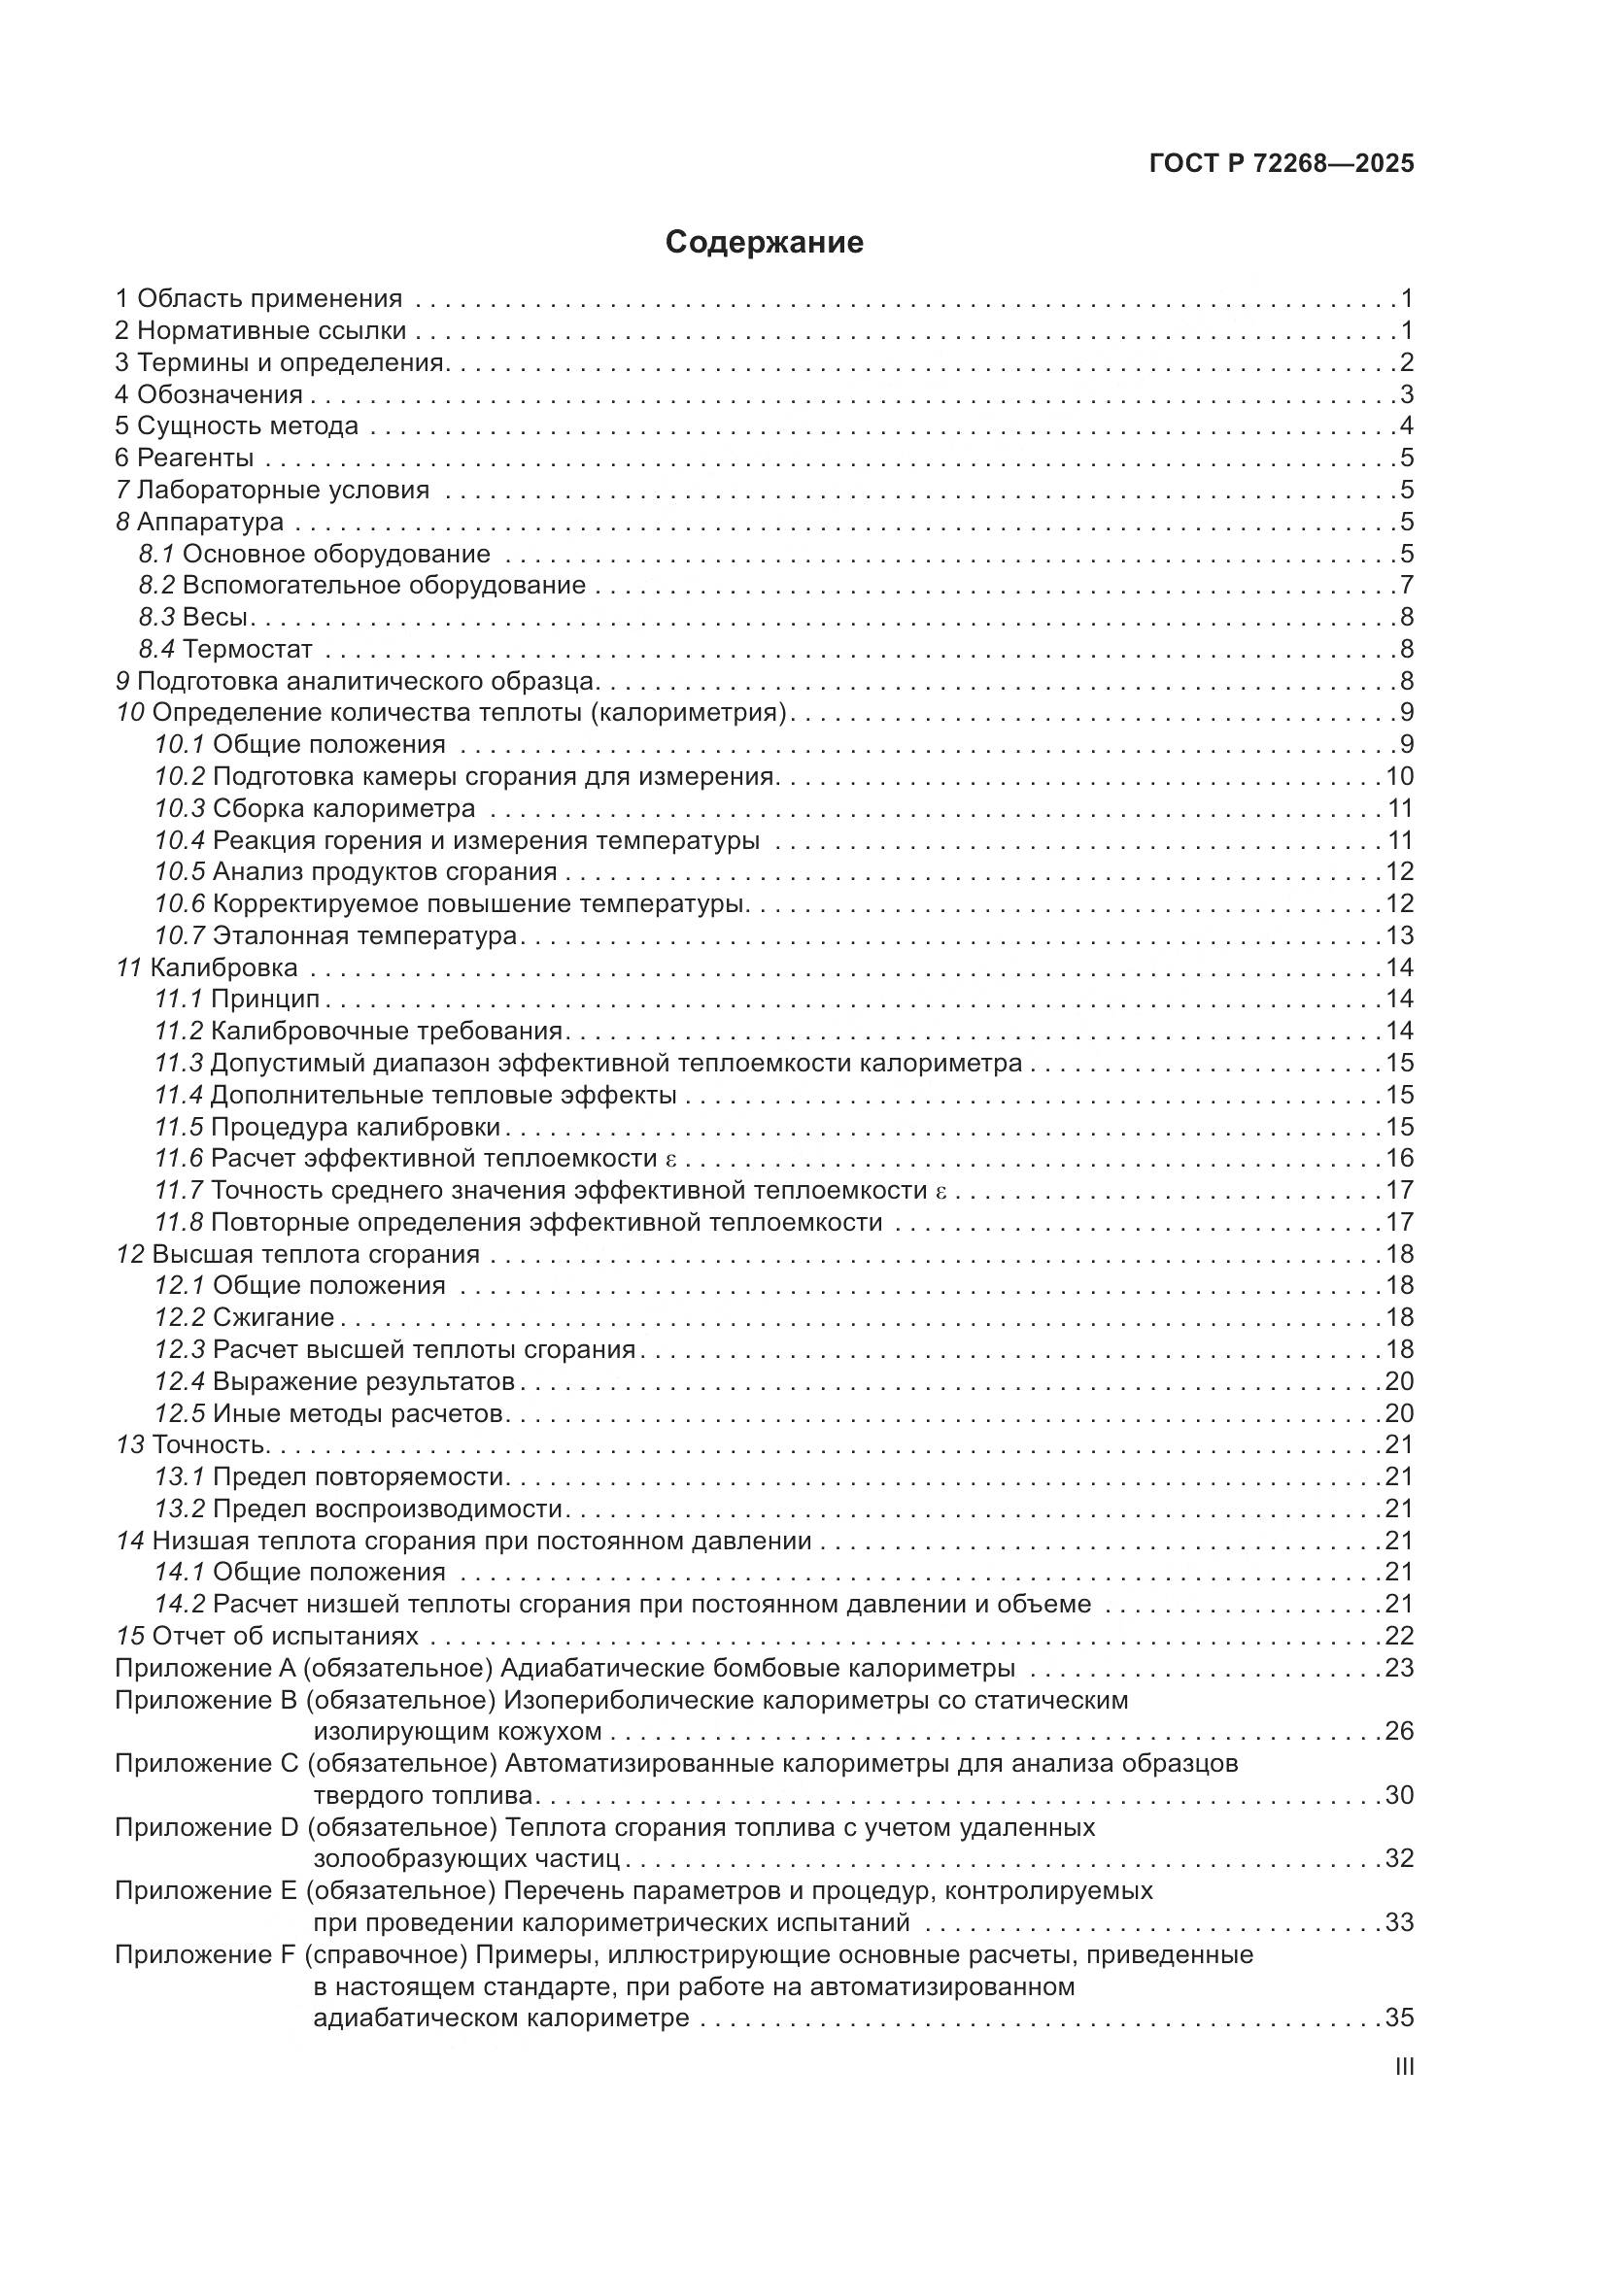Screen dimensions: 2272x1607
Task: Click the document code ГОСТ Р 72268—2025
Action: coord(1282,163)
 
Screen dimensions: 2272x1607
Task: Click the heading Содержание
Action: coord(764,243)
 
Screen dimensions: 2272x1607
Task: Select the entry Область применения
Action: coord(269,298)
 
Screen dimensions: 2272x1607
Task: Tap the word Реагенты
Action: coord(195,458)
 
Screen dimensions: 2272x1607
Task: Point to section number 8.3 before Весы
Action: coord(156,618)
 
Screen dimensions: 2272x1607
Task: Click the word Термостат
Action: coord(248,649)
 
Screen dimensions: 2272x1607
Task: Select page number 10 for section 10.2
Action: coord(1399,777)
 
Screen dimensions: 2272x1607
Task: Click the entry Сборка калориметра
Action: coord(343,808)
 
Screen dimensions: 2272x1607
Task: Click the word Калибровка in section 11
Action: coord(223,966)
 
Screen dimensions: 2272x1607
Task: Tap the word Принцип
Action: coord(265,999)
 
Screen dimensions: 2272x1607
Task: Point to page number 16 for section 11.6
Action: coord(1399,1158)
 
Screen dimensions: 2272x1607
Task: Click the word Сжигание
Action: coord(273,1317)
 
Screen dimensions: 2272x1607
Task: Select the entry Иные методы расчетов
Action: coord(359,1413)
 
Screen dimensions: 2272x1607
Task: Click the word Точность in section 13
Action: coord(209,1444)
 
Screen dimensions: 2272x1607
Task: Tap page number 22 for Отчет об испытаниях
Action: coord(1399,1636)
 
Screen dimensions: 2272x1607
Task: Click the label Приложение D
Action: coord(206,1827)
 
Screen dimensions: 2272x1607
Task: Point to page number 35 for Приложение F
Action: coord(1399,2018)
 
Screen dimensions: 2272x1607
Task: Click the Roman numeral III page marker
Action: coord(1403,2067)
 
